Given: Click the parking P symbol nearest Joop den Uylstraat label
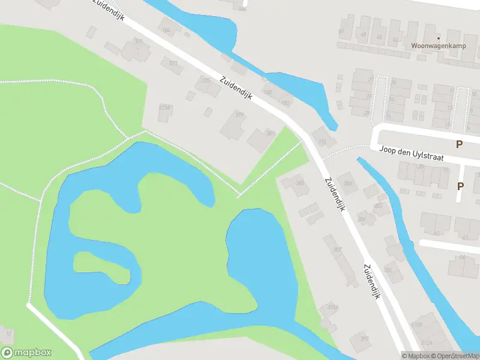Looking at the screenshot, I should (x=460, y=145).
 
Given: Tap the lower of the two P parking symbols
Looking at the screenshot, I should (x=460, y=186).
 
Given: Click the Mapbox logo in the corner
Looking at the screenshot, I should (x=26, y=353).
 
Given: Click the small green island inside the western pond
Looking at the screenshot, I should (x=102, y=268).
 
